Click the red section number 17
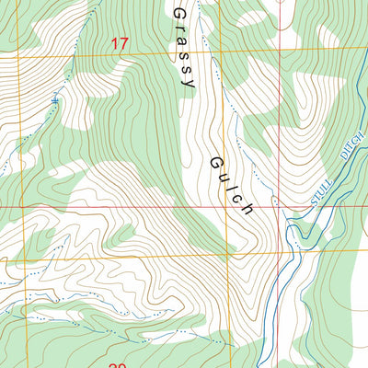119,43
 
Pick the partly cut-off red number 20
118,364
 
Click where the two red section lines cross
278,207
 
